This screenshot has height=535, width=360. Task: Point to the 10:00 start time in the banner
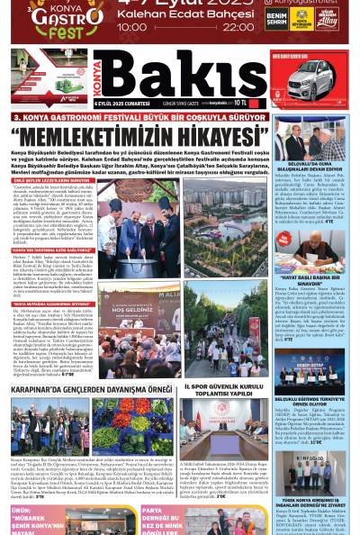[132, 27]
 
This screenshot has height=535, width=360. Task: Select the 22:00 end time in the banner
[238, 27]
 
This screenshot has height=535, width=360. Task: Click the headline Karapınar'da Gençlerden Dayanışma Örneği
[90, 390]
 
